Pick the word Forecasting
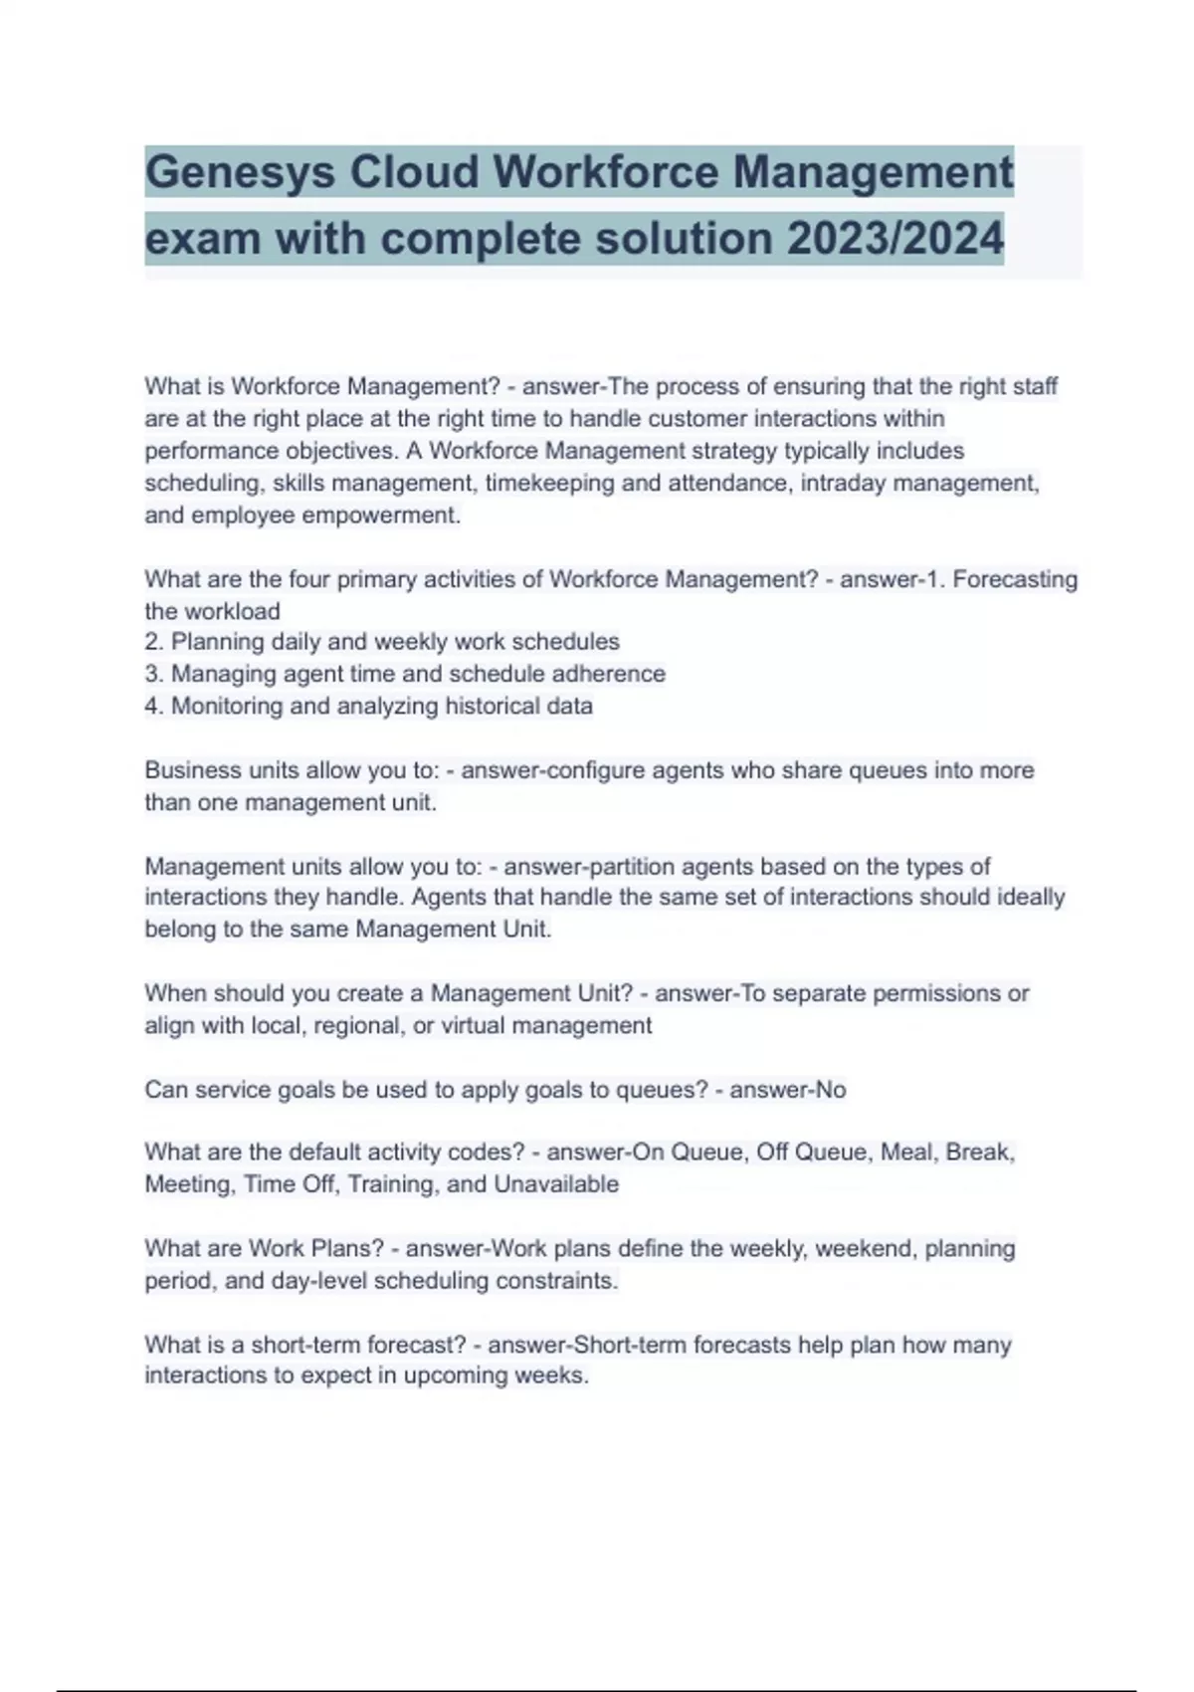(1015, 579)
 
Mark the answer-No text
(787, 1090)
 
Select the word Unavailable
(556, 1184)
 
